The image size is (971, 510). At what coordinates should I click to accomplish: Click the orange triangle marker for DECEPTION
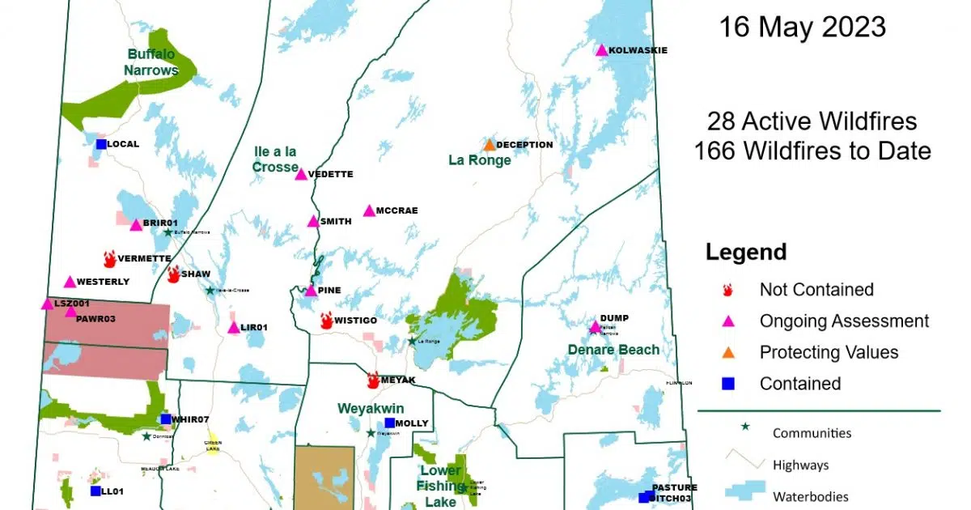click(x=490, y=145)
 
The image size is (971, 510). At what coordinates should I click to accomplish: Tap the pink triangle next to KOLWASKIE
click(x=601, y=50)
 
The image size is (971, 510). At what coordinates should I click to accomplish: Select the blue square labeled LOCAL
click(x=101, y=144)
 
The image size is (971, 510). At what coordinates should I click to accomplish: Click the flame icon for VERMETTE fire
click(x=109, y=258)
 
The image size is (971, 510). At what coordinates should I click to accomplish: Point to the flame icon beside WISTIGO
click(x=326, y=321)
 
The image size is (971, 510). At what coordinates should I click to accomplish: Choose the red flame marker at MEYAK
click(x=373, y=380)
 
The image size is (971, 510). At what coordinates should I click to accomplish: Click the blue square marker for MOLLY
click(x=389, y=423)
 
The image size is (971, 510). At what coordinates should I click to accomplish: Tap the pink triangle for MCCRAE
click(x=369, y=210)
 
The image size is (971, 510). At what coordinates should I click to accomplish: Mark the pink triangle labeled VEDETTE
click(x=301, y=174)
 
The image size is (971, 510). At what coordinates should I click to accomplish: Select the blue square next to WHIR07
click(x=166, y=419)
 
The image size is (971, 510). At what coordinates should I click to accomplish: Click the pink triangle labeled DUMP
click(x=595, y=327)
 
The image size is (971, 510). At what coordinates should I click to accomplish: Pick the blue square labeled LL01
click(x=95, y=491)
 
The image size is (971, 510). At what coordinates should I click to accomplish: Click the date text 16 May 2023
click(x=802, y=28)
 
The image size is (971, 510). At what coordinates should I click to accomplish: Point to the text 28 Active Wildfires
click(x=812, y=121)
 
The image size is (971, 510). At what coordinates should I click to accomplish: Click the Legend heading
click(x=745, y=252)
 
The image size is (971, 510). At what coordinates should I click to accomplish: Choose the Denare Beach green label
click(x=613, y=350)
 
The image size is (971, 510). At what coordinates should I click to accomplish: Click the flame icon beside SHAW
click(x=173, y=274)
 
